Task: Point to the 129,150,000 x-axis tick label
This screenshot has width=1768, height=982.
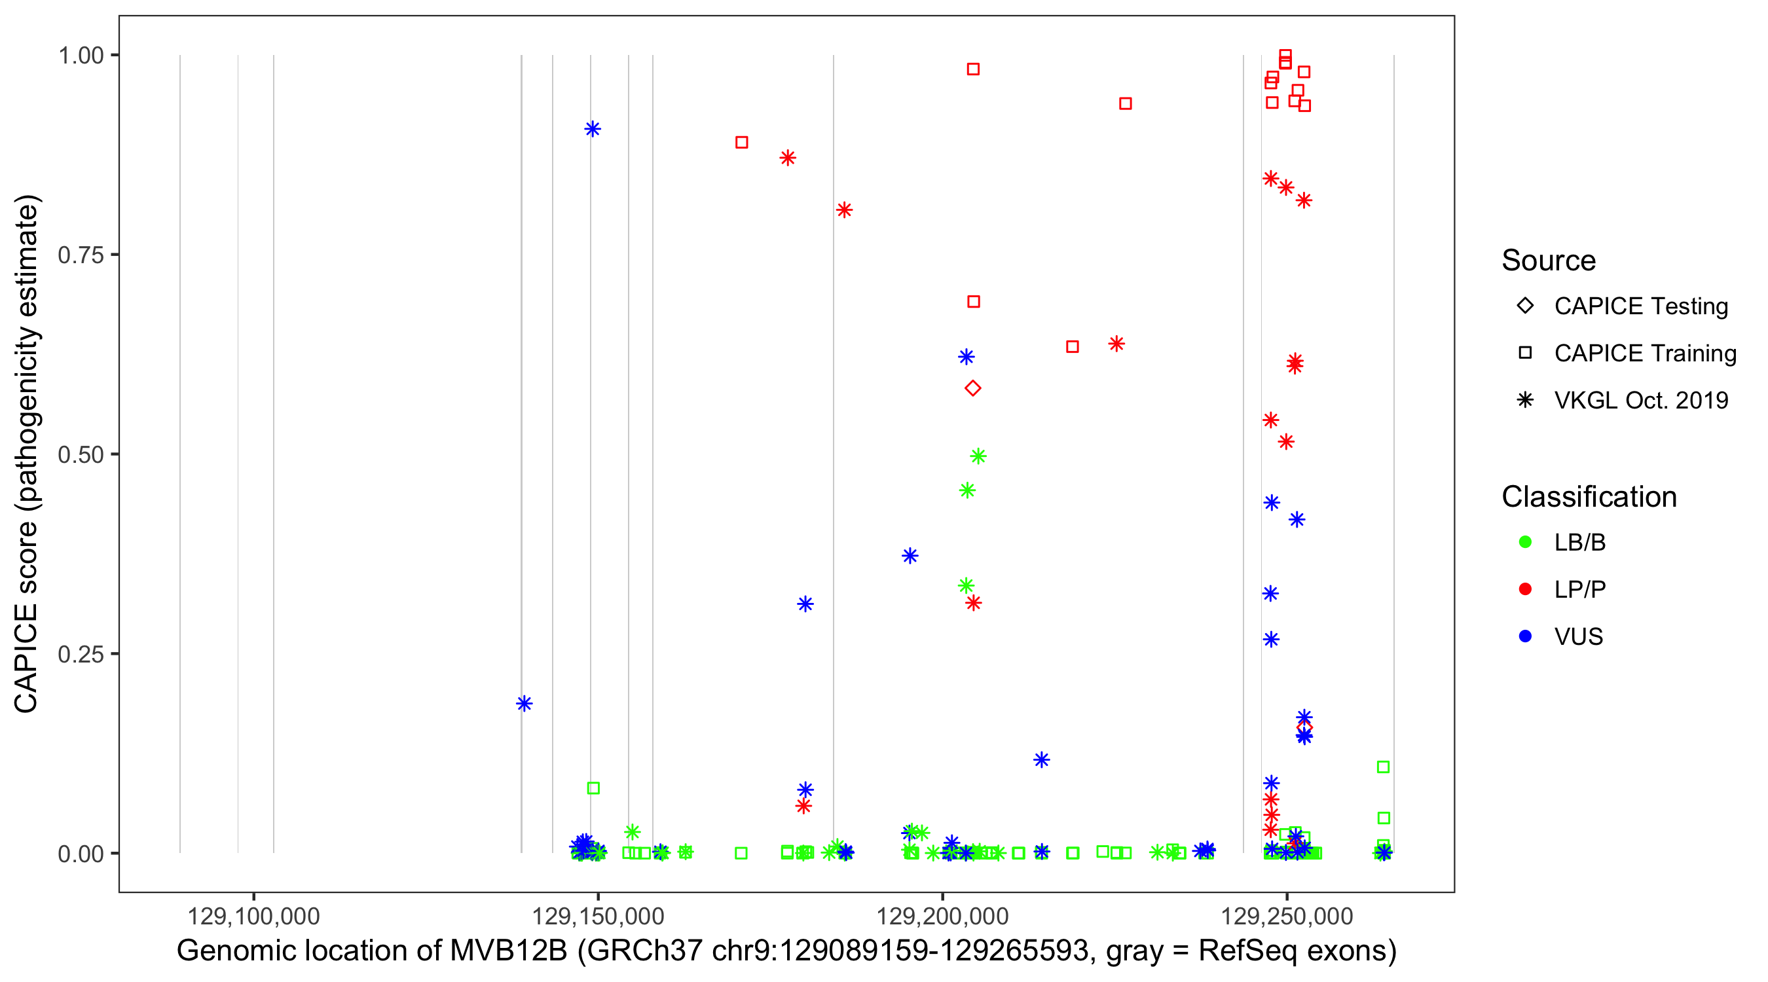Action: coord(598,916)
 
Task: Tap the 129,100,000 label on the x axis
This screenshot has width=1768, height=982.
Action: coord(253,916)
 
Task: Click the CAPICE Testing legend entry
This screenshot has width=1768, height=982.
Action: coord(1640,306)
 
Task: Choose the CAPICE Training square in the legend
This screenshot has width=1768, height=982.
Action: coord(1525,353)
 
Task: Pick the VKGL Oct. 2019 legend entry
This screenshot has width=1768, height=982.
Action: coord(1640,400)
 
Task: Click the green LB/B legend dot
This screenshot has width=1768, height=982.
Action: coord(1525,542)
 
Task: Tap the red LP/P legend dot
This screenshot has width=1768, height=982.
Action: coord(1525,589)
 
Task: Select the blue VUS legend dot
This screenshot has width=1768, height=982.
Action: coord(1525,636)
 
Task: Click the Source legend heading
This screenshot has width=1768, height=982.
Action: coord(1549,261)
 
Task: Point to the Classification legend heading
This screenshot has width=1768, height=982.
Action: coord(1589,497)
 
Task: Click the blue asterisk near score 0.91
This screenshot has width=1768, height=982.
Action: coord(593,129)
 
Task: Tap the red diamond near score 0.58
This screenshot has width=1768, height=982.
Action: coord(972,388)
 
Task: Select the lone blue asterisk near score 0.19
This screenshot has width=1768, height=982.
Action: coord(525,703)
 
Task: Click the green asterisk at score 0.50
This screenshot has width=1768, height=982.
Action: coord(978,456)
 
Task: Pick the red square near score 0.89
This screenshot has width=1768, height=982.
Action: coord(741,143)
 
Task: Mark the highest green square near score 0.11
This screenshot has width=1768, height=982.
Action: coord(1383,767)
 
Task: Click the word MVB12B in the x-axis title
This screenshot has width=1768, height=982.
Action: coord(508,951)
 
